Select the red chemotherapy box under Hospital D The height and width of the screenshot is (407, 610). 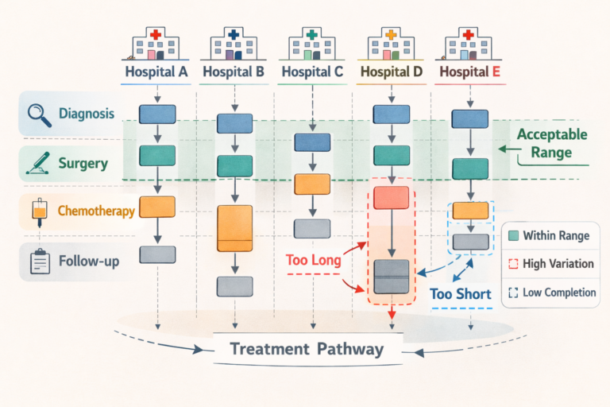tap(390, 197)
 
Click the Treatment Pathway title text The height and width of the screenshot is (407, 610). tap(306, 349)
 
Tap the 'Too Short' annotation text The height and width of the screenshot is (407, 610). tap(461, 294)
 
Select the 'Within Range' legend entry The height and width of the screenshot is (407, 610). tap(550, 236)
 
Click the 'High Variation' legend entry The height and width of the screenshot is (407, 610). tap(550, 264)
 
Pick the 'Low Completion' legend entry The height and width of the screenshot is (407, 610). tap(550, 293)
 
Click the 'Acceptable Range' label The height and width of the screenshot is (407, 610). tap(553, 143)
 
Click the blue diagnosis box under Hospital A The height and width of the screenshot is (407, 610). tap(156, 114)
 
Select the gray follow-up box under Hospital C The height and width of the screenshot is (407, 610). tap(311, 229)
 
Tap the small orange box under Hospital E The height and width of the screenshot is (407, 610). tap(469, 211)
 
